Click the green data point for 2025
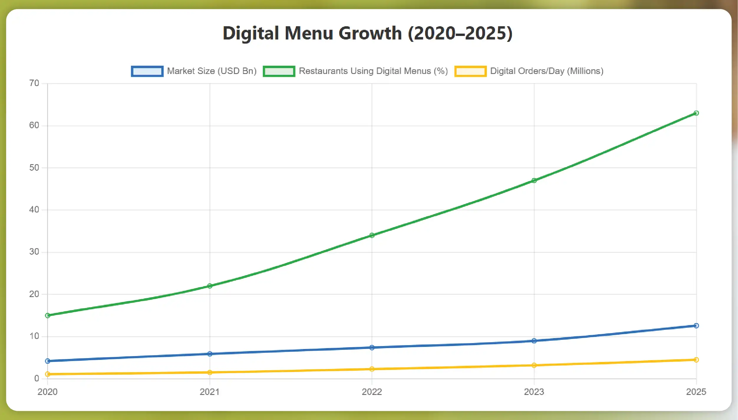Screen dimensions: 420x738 tap(696, 113)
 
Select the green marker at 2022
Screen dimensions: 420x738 tap(372, 235)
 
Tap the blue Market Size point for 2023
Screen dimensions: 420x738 tap(534, 341)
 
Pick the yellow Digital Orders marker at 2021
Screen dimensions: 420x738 tap(210, 372)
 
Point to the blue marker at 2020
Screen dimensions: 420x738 tap(48, 361)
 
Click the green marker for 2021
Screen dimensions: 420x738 tap(210, 286)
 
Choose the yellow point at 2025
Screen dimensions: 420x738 tap(696, 360)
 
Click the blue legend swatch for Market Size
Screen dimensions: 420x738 tap(147, 71)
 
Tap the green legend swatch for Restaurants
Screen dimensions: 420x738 tap(279, 71)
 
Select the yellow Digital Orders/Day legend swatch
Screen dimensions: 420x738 tap(470, 71)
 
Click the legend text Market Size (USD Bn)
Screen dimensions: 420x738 tap(212, 71)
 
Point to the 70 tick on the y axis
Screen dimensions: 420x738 tap(34, 83)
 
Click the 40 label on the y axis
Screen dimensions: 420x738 tap(34, 210)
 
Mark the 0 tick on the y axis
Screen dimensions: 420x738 tap(37, 378)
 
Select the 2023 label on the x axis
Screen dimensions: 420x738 tap(534, 392)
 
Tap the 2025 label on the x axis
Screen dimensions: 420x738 tap(696, 392)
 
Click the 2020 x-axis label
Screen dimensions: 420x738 tap(47, 392)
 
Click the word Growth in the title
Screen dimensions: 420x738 tap(370, 33)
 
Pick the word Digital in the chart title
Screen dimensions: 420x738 tap(251, 33)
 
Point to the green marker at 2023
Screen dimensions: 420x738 tap(534, 180)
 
